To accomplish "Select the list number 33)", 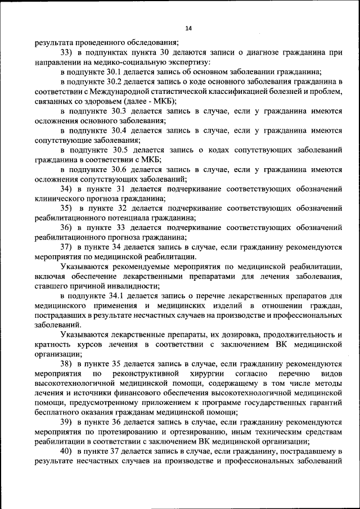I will [66, 52].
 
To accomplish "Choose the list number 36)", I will [66, 228].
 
